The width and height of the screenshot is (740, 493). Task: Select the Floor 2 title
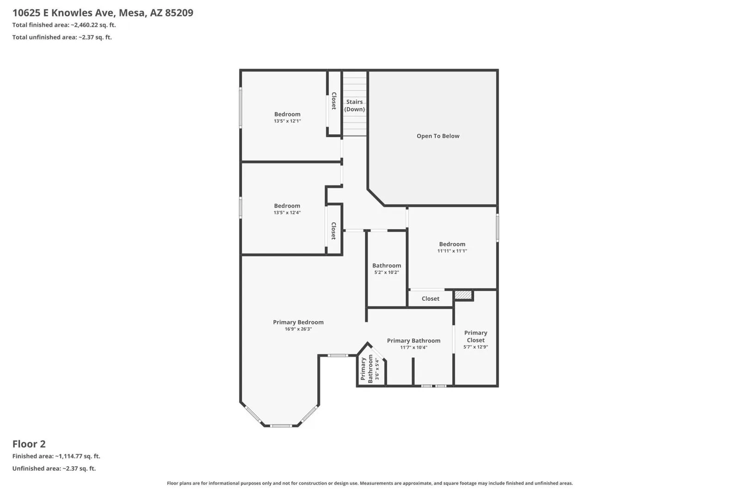click(x=29, y=444)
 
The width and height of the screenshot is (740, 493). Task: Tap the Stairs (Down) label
click(x=354, y=106)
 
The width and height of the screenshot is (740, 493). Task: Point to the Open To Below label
click(x=438, y=136)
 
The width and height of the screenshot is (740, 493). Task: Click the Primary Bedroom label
click(x=298, y=323)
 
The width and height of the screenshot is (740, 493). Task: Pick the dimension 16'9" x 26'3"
click(x=298, y=329)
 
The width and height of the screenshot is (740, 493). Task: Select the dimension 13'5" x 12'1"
click(x=287, y=121)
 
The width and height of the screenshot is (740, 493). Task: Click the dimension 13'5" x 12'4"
click(x=287, y=213)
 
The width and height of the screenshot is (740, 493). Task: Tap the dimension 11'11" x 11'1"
click(x=452, y=251)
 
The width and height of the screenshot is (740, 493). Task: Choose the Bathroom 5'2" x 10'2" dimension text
click(x=387, y=273)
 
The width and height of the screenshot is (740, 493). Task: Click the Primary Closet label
click(x=476, y=336)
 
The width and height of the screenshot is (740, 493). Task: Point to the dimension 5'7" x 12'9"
click(x=476, y=347)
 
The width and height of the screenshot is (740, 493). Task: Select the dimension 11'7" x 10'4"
click(x=413, y=347)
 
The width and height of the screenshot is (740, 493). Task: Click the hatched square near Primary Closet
click(x=463, y=295)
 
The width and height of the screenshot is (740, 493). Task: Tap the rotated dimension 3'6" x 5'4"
click(x=376, y=369)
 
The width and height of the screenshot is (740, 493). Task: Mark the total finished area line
click(x=64, y=25)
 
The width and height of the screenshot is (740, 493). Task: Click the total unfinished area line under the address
click(x=62, y=37)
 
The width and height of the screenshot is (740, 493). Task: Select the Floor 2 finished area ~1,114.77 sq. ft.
click(x=56, y=456)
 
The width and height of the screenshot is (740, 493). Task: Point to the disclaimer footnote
click(x=370, y=483)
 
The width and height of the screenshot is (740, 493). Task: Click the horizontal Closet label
click(x=431, y=298)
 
